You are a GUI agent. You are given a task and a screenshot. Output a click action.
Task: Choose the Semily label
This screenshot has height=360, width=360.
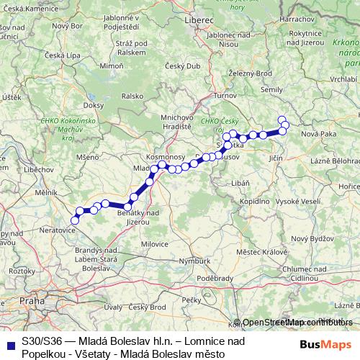coord(272,89)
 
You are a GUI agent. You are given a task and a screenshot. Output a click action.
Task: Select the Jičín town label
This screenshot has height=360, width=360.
coord(276,156)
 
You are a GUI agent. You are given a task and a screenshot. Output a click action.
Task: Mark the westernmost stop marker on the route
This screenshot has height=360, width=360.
coord(75,219)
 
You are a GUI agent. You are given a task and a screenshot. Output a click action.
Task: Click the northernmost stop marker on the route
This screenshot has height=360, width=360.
coord(282,120)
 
